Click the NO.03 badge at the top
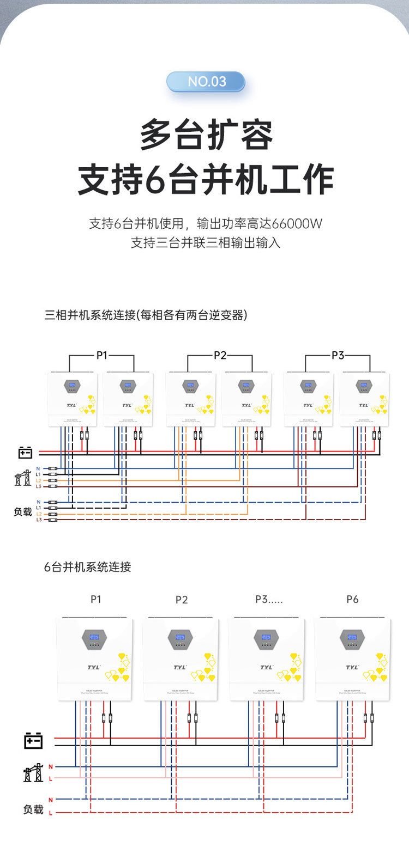(x=206, y=82)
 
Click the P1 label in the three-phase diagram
(x=101, y=356)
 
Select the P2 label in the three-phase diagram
(x=220, y=356)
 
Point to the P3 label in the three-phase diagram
(x=338, y=356)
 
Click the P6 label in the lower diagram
(x=352, y=599)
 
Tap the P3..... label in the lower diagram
(x=269, y=599)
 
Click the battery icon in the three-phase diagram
(x=25, y=452)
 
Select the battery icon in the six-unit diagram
(x=33, y=741)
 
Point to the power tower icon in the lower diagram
(x=33, y=772)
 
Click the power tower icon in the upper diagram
(x=23, y=478)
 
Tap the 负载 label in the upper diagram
(x=23, y=512)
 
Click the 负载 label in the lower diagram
(x=33, y=809)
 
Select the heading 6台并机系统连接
(x=88, y=567)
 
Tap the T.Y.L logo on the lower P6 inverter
(x=352, y=667)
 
